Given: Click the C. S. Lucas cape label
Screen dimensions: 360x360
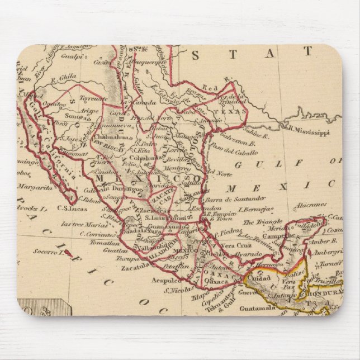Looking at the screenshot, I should (x=70, y=210).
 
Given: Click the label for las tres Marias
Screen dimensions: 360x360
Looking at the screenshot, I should (x=81, y=224).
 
